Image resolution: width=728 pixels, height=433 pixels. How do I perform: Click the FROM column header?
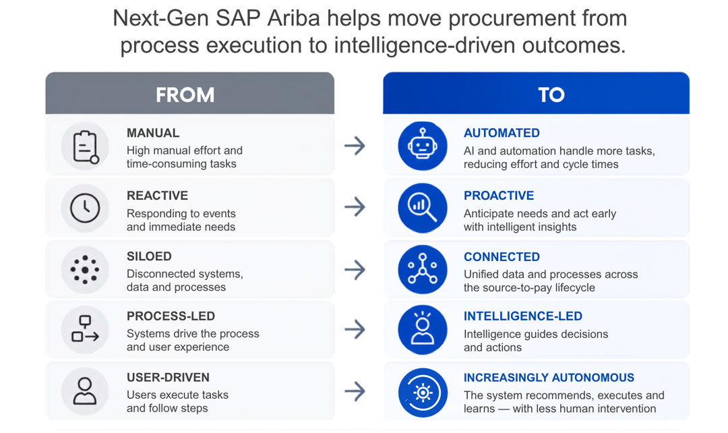click(185, 95)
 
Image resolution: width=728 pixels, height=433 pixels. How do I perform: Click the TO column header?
click(551, 95)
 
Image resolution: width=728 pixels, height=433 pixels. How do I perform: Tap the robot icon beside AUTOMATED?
click(423, 146)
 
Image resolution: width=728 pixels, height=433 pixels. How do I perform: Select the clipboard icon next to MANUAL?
click(85, 146)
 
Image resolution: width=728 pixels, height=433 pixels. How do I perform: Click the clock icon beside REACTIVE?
click(85, 208)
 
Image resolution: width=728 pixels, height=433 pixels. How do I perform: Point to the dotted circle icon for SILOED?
click(85, 270)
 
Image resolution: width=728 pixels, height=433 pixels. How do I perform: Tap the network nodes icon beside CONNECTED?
click(423, 270)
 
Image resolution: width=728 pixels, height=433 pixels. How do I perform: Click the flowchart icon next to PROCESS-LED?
click(85, 329)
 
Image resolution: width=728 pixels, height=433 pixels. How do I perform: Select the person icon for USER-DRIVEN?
click(85, 391)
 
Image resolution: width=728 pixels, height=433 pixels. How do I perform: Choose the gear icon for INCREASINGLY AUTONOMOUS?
click(423, 393)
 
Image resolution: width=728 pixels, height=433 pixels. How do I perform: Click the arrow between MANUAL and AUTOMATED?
click(355, 146)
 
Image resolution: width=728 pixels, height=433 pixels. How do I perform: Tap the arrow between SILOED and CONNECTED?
click(355, 270)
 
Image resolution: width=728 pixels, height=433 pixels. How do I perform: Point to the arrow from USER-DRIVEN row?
click(355, 391)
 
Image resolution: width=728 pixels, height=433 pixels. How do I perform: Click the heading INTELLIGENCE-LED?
click(523, 316)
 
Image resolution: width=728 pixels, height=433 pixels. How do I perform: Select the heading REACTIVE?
click(157, 196)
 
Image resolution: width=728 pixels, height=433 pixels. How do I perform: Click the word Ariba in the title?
click(293, 19)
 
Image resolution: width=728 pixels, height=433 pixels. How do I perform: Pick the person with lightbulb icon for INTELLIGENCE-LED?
click(423, 330)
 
